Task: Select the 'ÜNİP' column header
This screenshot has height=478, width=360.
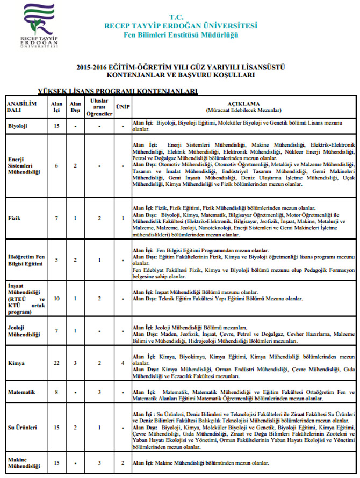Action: pos(123,106)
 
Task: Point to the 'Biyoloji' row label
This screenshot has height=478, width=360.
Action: pos(18,126)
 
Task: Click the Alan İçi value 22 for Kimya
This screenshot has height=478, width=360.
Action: pos(56,363)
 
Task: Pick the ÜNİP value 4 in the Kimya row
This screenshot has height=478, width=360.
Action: pos(123,363)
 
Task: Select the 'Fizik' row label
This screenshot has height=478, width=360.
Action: pos(15,218)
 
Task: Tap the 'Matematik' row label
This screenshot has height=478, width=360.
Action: pos(21,392)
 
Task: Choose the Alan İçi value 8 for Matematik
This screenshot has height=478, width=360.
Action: pos(56,392)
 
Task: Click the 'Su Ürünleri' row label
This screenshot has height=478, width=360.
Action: pos(22,428)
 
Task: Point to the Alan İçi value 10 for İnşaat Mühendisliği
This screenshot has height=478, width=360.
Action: pos(56,298)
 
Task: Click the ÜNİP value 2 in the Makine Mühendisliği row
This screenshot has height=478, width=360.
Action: pos(123,462)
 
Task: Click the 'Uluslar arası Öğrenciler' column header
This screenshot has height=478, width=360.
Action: pos(99,107)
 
